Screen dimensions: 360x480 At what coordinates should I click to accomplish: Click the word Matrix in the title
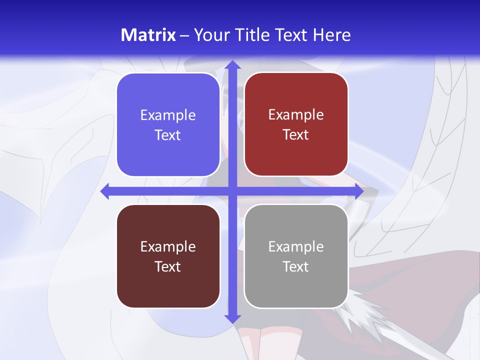pos(148,35)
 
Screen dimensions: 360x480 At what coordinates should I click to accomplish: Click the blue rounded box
pos(168,125)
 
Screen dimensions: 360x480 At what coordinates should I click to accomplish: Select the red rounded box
pos(296,124)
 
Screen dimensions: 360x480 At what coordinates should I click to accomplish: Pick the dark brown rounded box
pos(168,256)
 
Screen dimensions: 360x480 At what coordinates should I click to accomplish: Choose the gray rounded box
pos(296,256)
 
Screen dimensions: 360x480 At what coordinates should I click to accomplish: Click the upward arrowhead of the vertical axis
pos(231,65)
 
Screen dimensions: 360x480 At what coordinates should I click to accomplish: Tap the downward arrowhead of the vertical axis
pos(231,318)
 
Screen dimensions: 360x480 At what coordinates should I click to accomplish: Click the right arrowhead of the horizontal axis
pos(358,191)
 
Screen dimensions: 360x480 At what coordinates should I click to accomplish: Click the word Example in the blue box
pos(168,115)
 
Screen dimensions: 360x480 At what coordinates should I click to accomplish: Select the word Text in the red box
pos(296,135)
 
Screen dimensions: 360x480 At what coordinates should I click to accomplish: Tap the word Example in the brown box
pos(168,247)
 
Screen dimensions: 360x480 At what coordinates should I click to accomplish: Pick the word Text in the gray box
pos(296,266)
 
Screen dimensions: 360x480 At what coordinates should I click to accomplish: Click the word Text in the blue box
pos(168,135)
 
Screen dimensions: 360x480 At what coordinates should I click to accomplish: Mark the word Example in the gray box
pos(296,247)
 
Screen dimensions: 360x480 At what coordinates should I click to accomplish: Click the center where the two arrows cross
pos(231,191)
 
